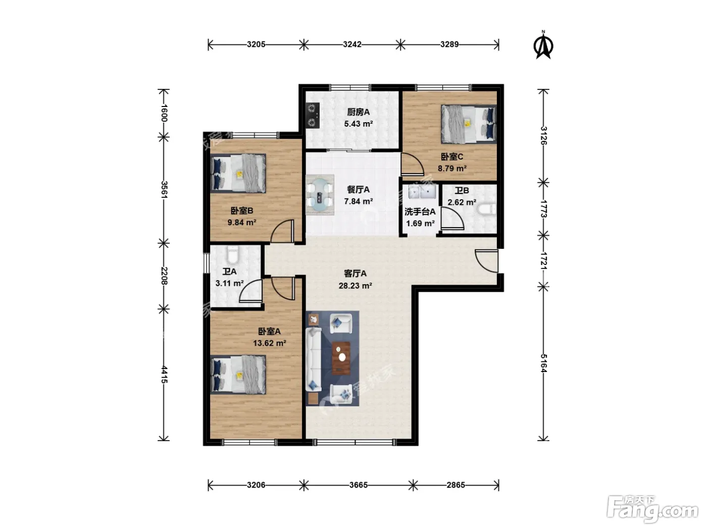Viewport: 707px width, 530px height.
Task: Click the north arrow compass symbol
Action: [543, 45]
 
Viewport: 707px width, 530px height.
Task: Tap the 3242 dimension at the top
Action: [351, 44]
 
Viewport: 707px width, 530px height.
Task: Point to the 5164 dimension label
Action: [543, 363]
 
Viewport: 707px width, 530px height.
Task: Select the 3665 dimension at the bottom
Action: [358, 485]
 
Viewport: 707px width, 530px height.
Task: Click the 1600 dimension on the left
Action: [164, 113]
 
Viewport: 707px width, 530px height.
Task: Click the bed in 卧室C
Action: [468, 124]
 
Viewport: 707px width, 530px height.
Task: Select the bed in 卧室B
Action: [238, 174]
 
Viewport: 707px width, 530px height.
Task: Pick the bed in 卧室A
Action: [238, 375]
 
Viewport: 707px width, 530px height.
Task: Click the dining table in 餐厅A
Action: [320, 195]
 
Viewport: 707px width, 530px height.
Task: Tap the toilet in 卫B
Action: [487, 209]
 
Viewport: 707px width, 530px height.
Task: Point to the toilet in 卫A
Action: [233, 255]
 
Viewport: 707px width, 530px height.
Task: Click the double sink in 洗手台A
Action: [422, 192]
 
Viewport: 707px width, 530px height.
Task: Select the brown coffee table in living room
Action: [341, 358]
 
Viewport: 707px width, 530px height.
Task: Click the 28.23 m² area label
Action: [356, 285]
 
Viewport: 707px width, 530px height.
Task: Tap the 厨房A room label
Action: [358, 112]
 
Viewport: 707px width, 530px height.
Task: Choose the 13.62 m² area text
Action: [269, 343]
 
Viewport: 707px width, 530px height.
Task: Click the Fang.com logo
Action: [652, 510]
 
